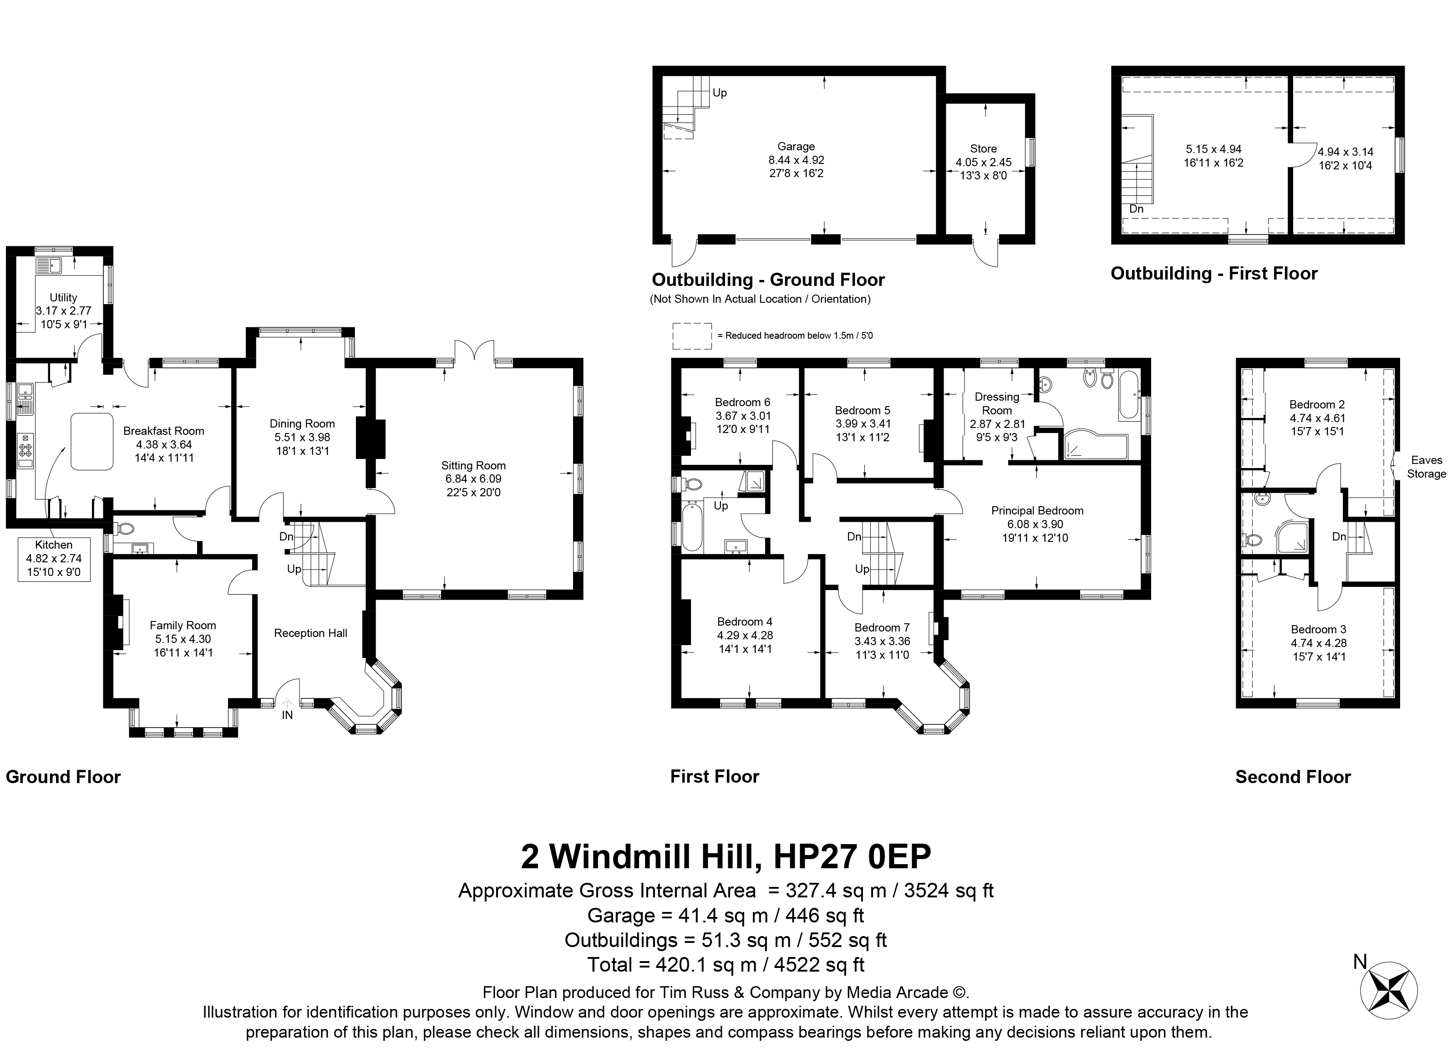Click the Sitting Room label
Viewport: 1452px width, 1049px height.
[x=473, y=466]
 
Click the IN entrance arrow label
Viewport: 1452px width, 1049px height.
[x=288, y=715]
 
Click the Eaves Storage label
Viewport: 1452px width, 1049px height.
[x=1427, y=467]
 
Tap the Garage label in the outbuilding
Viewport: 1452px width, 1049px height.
[x=797, y=147]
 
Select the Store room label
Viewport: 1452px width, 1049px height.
[x=983, y=148]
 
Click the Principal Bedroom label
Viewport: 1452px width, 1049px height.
[x=1037, y=510]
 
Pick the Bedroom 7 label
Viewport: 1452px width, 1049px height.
[x=882, y=627]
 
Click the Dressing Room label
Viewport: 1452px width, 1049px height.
[x=997, y=403]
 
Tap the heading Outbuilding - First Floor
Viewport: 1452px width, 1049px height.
[x=1214, y=274]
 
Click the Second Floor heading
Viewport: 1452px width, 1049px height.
[x=1293, y=777]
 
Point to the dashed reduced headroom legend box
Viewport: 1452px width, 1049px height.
[x=692, y=336]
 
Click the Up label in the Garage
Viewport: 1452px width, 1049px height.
[x=720, y=93]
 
